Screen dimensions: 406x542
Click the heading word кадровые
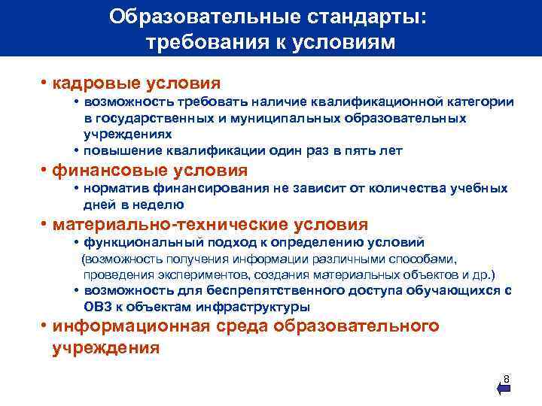[x=93, y=82]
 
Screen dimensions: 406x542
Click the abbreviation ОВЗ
[x=98, y=307]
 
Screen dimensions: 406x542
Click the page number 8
[x=507, y=378]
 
